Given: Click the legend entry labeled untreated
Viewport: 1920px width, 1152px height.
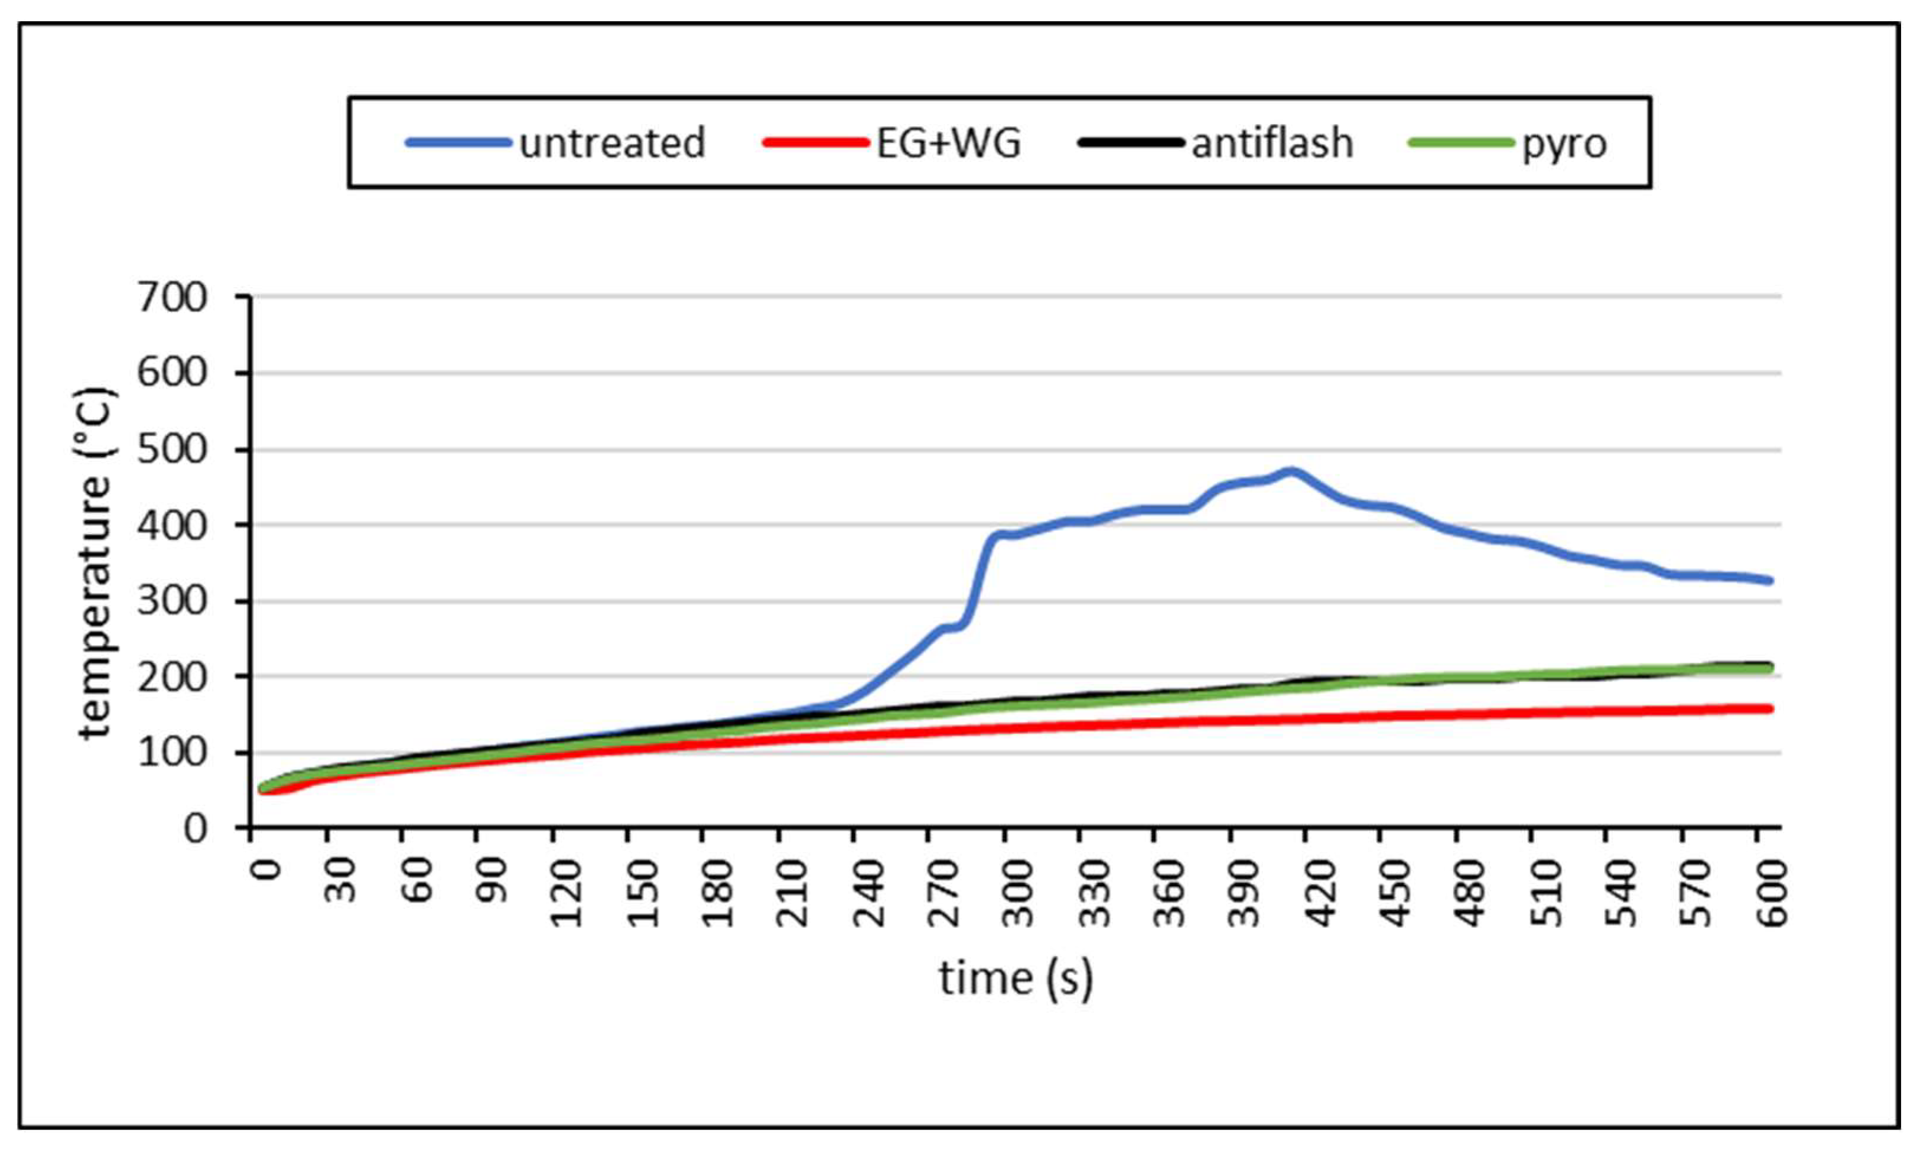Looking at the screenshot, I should click(x=611, y=143).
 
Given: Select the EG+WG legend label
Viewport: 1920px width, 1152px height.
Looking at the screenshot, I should click(x=948, y=143).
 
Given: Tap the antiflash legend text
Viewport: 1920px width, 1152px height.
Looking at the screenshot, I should click(x=1272, y=143).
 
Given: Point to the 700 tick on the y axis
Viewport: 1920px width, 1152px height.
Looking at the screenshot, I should click(x=173, y=297).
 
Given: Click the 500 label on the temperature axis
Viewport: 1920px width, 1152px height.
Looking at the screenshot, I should click(x=173, y=450).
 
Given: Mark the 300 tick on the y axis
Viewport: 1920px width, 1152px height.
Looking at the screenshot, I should click(x=173, y=601).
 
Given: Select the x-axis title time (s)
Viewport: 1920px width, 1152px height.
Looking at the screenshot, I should click(x=1015, y=978).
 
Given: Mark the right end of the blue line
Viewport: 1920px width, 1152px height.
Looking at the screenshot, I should click(x=1770, y=580).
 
